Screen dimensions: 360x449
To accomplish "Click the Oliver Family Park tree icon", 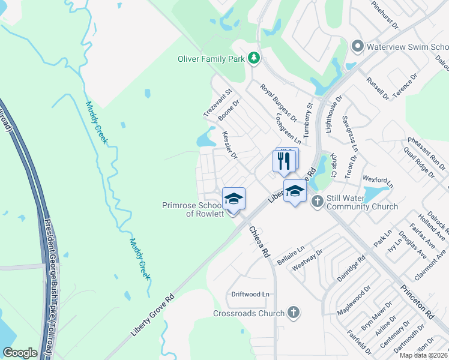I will click(255, 58).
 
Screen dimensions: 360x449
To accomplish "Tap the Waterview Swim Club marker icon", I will click(358, 46).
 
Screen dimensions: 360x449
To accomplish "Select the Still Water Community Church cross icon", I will click(317, 202).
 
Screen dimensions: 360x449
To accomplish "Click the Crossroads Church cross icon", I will click(293, 313).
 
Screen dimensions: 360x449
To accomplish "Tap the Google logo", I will click(20, 353).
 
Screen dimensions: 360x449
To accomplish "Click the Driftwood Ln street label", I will click(251, 295).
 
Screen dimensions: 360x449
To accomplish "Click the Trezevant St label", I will click(217, 103).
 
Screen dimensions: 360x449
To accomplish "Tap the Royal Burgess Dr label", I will click(279, 100).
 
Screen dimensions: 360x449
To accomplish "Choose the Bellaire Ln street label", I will click(292, 253).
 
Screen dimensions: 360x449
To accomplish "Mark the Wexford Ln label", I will click(378, 179).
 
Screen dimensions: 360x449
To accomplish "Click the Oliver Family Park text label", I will click(211, 58).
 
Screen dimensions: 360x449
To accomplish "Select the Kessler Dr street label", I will click(230, 145).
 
